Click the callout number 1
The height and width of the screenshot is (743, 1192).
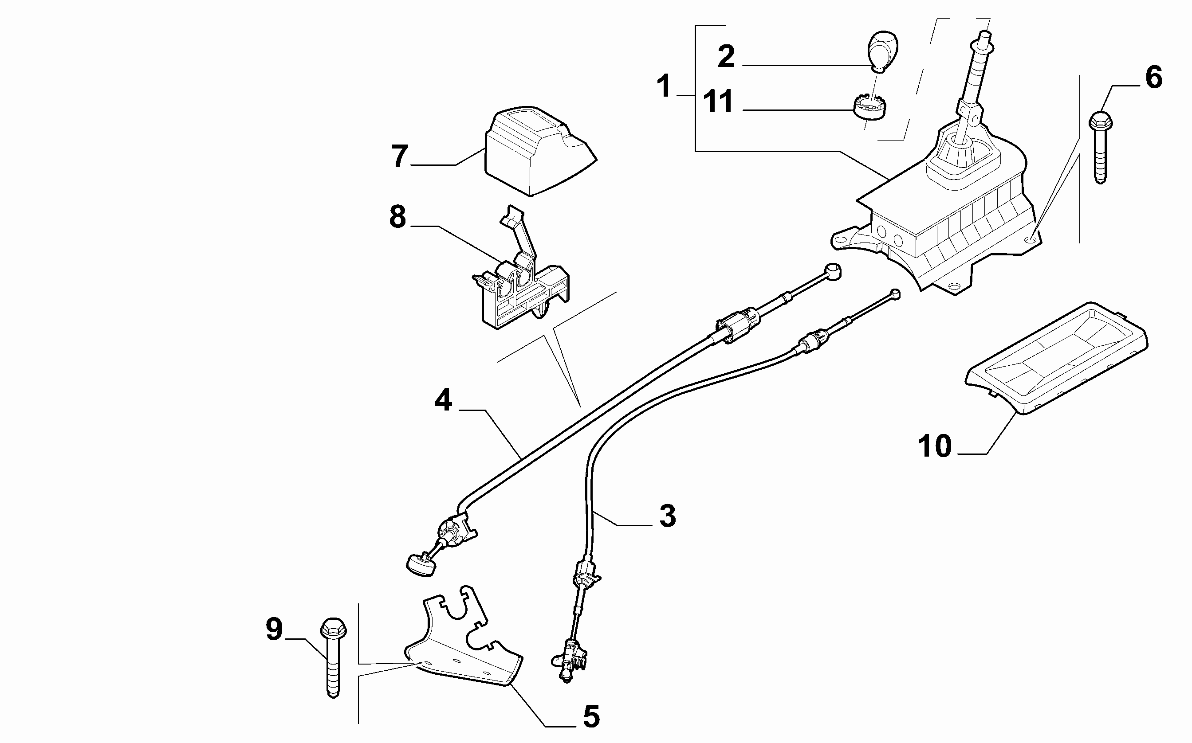(x=664, y=86)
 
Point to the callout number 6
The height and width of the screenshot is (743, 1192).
(x=1154, y=78)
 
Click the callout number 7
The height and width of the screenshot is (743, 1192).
(x=399, y=156)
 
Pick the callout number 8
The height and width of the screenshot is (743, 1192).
(x=397, y=217)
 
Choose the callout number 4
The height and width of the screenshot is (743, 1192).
(x=443, y=400)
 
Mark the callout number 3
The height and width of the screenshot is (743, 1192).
(x=667, y=516)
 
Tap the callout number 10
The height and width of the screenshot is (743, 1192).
(x=934, y=446)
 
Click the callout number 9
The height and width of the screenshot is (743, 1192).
(x=274, y=630)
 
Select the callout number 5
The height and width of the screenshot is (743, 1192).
(x=591, y=716)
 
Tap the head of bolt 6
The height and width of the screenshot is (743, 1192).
(x=1101, y=121)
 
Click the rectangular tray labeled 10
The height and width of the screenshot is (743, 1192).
(x=1057, y=359)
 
